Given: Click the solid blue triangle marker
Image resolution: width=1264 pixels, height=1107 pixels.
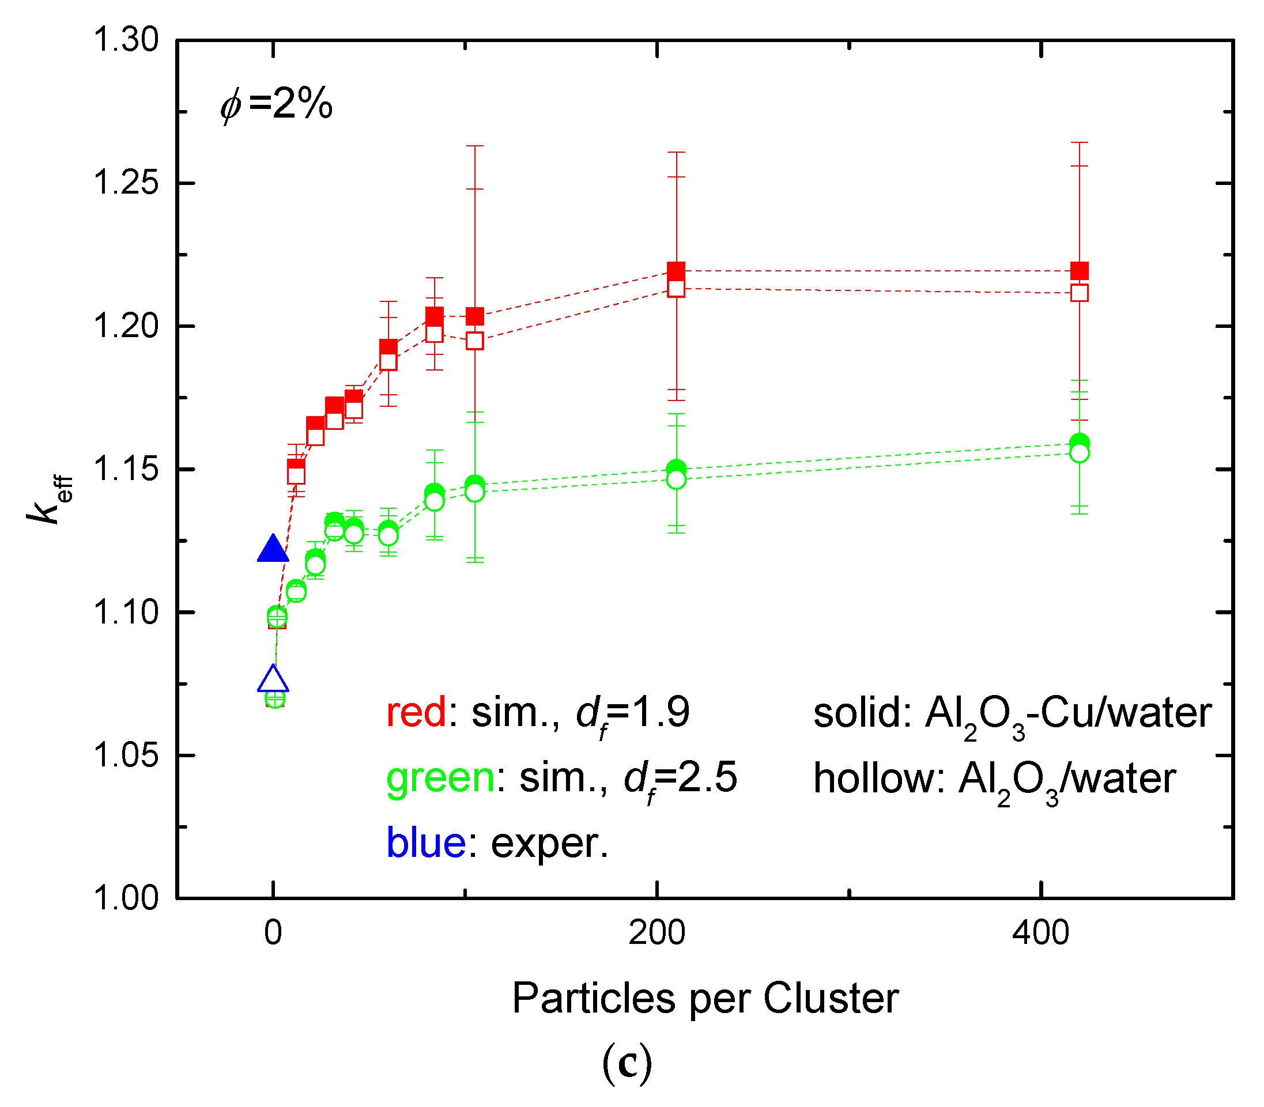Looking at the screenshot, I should (273, 549).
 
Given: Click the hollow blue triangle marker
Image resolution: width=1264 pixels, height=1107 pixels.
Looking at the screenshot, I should (273, 679).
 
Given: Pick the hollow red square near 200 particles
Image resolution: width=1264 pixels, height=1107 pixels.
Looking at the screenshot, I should (676, 289).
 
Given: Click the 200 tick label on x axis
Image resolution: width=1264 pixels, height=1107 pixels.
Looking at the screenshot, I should (656, 934).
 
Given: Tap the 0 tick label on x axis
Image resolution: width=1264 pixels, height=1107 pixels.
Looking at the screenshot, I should (273, 934).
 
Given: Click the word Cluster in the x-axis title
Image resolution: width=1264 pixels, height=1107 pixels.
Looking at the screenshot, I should (831, 998).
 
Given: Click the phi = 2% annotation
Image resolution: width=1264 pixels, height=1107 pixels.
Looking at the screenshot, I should (276, 104).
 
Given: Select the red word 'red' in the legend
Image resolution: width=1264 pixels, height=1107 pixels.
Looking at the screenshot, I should (415, 712).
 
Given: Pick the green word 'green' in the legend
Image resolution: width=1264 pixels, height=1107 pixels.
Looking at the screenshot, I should (440, 777).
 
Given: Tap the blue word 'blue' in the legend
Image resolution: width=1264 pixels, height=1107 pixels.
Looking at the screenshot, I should (426, 842).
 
